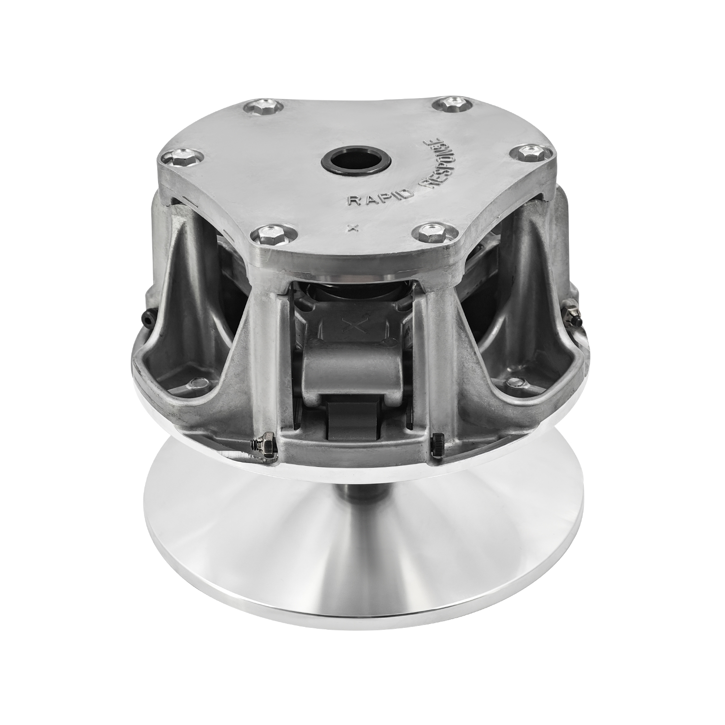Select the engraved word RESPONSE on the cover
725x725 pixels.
(442, 162)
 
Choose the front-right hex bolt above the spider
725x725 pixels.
(430, 232)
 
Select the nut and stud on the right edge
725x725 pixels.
(573, 314)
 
